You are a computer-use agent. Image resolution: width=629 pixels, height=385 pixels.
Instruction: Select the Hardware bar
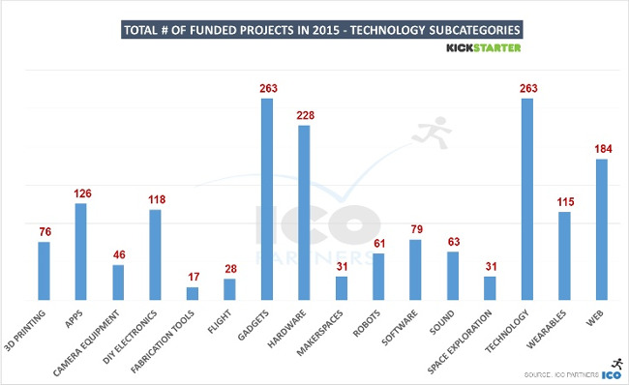pos(304,213)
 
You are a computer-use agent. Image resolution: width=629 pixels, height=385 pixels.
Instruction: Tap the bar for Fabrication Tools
pos(193,293)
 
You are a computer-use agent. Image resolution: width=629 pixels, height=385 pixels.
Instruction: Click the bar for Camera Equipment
pos(118,282)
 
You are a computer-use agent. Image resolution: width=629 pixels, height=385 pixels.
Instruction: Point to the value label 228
pos(304,116)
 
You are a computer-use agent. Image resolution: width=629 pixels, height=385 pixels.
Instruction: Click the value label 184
pos(601,149)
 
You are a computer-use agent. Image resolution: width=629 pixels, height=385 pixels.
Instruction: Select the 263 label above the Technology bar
pos(527,89)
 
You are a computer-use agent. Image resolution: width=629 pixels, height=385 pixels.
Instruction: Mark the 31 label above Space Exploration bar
pos(490,267)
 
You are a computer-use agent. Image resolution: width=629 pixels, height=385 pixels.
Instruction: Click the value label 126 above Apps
pos(81,193)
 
